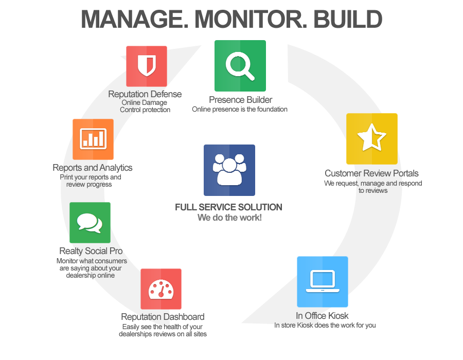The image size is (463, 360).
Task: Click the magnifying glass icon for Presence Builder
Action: click(240, 66)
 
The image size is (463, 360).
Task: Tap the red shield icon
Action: click(147, 66)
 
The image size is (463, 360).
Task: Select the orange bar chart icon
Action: click(93, 139)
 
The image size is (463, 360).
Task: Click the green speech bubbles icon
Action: click(90, 223)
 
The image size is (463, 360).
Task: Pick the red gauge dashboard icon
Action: click(161, 289)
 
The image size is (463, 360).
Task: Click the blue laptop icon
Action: click(323, 282)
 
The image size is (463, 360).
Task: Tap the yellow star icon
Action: click(372, 139)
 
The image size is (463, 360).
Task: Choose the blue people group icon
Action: click(229, 170)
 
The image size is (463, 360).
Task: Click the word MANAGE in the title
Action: click(135, 20)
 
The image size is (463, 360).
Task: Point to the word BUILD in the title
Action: click(348, 20)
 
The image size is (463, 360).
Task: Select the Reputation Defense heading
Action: click(145, 94)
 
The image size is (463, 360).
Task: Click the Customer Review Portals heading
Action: click(372, 173)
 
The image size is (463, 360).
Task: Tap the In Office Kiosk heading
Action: click(322, 316)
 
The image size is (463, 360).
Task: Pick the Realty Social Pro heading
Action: click(91, 251)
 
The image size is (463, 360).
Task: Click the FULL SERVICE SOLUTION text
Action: click(228, 207)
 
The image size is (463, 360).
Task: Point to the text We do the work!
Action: click(229, 218)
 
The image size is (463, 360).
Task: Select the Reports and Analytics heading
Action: click(93, 168)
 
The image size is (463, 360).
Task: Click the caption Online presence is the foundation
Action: click(239, 109)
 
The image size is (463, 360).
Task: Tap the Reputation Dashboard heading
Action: click(163, 317)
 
